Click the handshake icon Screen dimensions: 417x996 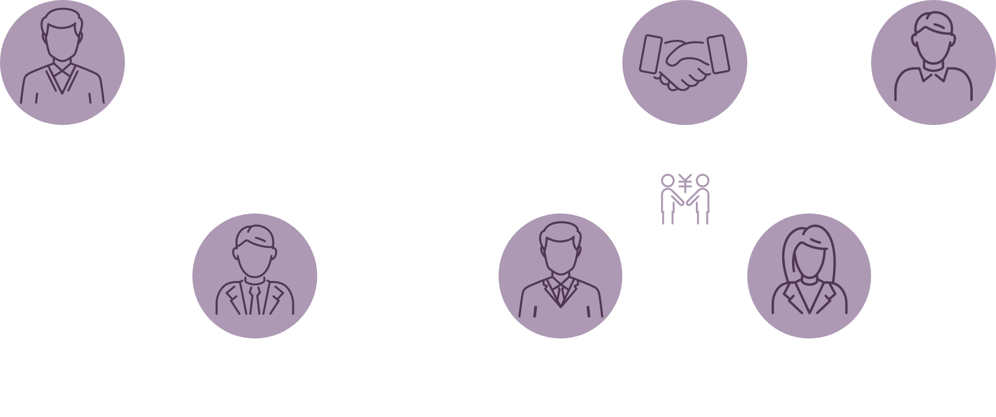click(x=684, y=62)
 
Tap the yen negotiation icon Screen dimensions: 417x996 click(x=685, y=199)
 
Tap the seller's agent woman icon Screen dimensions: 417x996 click(x=809, y=275)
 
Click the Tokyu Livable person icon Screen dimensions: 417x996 click(x=255, y=275)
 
